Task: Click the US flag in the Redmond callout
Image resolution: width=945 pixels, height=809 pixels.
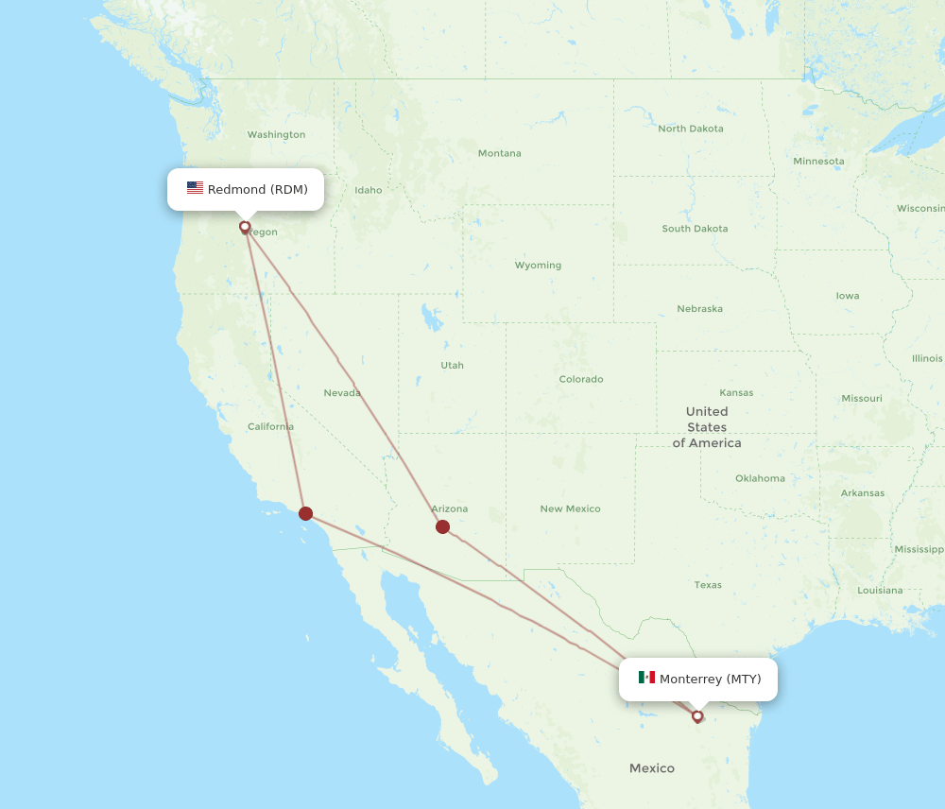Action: [x=195, y=188]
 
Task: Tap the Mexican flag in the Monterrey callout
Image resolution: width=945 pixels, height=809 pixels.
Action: [x=646, y=678]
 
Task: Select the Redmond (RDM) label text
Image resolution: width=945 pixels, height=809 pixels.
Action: [x=257, y=190]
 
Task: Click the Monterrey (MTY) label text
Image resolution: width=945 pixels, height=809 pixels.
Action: [x=710, y=680]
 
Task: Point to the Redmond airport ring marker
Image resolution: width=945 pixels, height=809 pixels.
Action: [x=245, y=227]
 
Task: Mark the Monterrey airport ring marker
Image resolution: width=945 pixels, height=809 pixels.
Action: [x=697, y=716]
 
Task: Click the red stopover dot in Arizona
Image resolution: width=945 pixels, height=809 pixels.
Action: [x=442, y=526]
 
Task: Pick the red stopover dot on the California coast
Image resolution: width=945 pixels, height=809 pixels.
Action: [x=305, y=513]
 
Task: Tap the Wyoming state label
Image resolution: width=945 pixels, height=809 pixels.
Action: [x=538, y=266]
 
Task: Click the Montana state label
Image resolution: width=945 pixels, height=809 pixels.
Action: [x=499, y=153]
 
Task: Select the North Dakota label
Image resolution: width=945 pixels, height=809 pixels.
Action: [x=691, y=129]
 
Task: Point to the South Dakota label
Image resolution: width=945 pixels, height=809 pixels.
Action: [x=695, y=229]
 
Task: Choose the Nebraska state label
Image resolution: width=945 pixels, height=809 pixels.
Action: [x=699, y=309]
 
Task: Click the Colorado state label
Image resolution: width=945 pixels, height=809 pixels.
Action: [x=580, y=379]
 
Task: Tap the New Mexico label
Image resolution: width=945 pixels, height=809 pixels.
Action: [x=570, y=508]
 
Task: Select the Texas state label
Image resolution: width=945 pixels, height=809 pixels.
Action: [x=708, y=585]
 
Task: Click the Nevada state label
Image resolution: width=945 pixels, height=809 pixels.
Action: [x=342, y=393]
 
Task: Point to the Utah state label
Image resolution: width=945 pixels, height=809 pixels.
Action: [x=452, y=365]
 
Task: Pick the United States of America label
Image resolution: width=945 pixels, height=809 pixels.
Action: [x=707, y=427]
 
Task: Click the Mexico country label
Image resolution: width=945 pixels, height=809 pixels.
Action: [x=652, y=768]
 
